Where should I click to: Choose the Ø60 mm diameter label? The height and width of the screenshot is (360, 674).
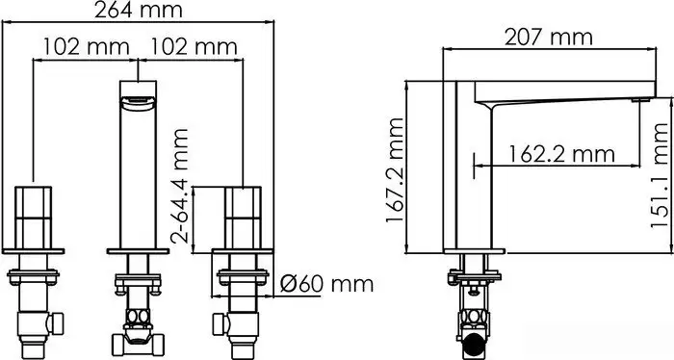(326, 284)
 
